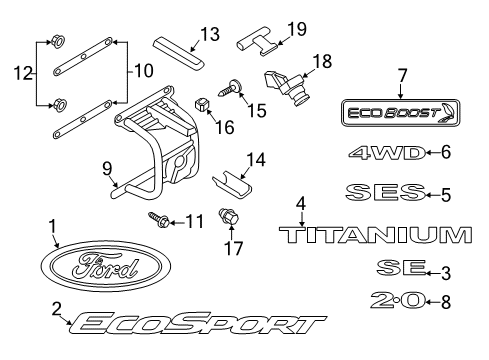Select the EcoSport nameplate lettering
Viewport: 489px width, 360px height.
(196, 324)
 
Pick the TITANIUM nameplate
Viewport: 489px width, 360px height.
(372, 236)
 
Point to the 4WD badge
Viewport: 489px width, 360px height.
(381, 154)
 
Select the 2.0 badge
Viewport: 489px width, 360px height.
(398, 300)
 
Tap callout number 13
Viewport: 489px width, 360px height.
(207, 35)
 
